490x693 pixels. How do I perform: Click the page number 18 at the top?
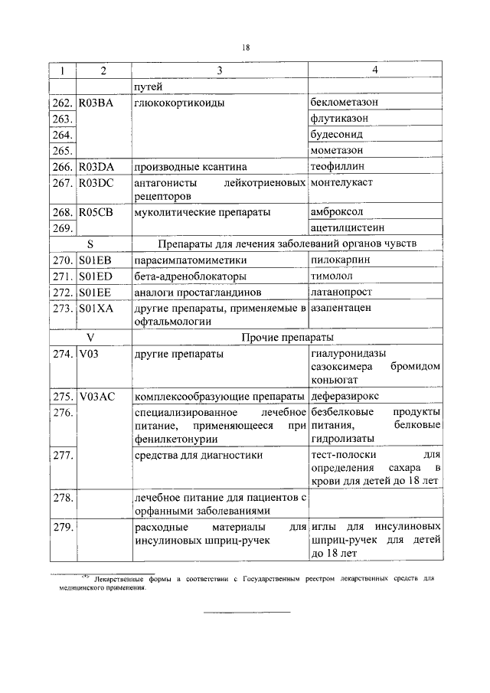point(246,48)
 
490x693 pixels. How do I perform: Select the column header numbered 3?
point(219,71)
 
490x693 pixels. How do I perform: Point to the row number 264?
point(62,135)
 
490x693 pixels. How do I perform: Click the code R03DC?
point(96,183)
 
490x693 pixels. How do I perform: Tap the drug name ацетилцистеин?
point(348,227)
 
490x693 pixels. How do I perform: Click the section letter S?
point(90,244)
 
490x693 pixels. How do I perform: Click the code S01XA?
point(96,309)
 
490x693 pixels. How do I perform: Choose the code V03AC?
point(97,397)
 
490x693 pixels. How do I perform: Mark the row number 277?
point(62,456)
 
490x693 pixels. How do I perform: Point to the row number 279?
point(62,528)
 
